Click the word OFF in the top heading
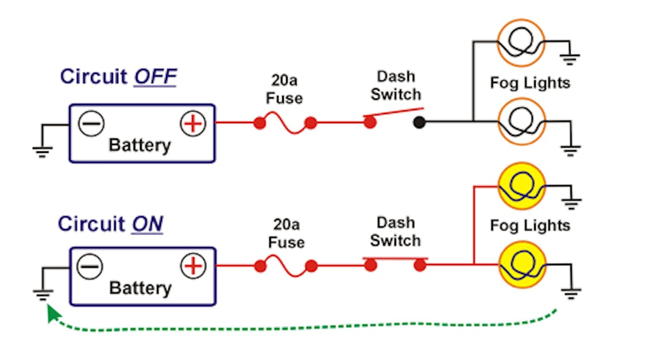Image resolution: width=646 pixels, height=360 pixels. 155,77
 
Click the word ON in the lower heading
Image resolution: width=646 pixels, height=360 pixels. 147,224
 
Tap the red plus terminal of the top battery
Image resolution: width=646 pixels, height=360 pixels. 193,124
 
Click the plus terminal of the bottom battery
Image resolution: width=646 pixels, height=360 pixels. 193,266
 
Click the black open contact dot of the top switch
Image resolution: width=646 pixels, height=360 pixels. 419,122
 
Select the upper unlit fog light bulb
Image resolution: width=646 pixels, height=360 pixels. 521,43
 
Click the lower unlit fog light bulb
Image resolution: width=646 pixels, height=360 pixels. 521,122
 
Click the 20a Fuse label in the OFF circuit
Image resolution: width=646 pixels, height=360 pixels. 284,89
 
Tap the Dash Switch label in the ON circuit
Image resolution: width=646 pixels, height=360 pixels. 396,231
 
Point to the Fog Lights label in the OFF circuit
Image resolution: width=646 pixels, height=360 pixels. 530,82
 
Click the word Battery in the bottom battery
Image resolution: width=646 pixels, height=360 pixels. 140,288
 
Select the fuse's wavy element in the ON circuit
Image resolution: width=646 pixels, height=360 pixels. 285,267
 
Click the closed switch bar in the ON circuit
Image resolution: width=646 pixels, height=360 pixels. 395,259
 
